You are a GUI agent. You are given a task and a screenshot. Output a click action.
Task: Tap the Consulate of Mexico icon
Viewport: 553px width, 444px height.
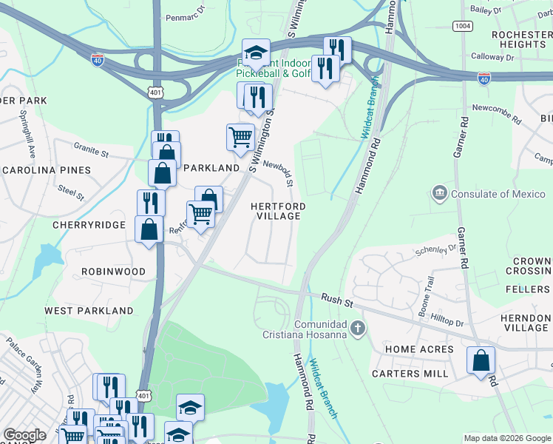point(440,194)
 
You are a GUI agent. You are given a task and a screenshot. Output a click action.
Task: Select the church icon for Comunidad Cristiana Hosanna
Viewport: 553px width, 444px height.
point(358,327)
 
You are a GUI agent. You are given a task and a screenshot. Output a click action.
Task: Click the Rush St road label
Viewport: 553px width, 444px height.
point(337,299)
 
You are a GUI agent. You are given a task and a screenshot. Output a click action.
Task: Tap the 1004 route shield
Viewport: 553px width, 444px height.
point(464,26)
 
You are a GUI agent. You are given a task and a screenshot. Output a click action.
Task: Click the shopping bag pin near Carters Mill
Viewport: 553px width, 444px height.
point(481,361)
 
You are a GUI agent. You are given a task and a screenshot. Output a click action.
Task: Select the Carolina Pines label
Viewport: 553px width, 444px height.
point(46,170)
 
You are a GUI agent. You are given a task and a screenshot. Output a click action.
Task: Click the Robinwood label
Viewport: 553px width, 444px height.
point(114,272)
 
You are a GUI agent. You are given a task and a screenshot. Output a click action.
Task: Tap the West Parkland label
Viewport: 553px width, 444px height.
point(89,311)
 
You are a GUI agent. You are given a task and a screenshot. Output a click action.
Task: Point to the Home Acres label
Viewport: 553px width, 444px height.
point(419,349)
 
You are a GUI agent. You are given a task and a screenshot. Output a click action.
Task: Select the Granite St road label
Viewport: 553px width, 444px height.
point(91,151)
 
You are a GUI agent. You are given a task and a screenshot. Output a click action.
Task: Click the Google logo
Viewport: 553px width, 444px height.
point(25,435)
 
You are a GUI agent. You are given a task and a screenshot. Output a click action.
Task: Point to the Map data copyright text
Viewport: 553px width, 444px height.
point(506,438)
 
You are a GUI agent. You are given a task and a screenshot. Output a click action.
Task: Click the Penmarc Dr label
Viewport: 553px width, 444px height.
point(183,16)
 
